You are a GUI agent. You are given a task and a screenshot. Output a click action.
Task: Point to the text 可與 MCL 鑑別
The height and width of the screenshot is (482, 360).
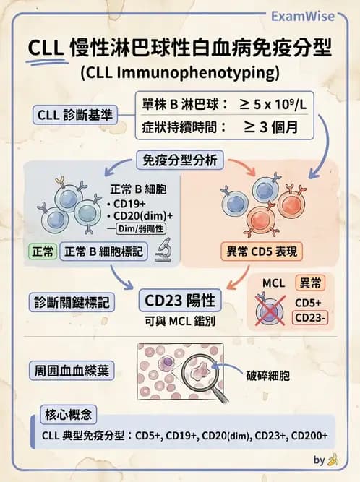[181, 319]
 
